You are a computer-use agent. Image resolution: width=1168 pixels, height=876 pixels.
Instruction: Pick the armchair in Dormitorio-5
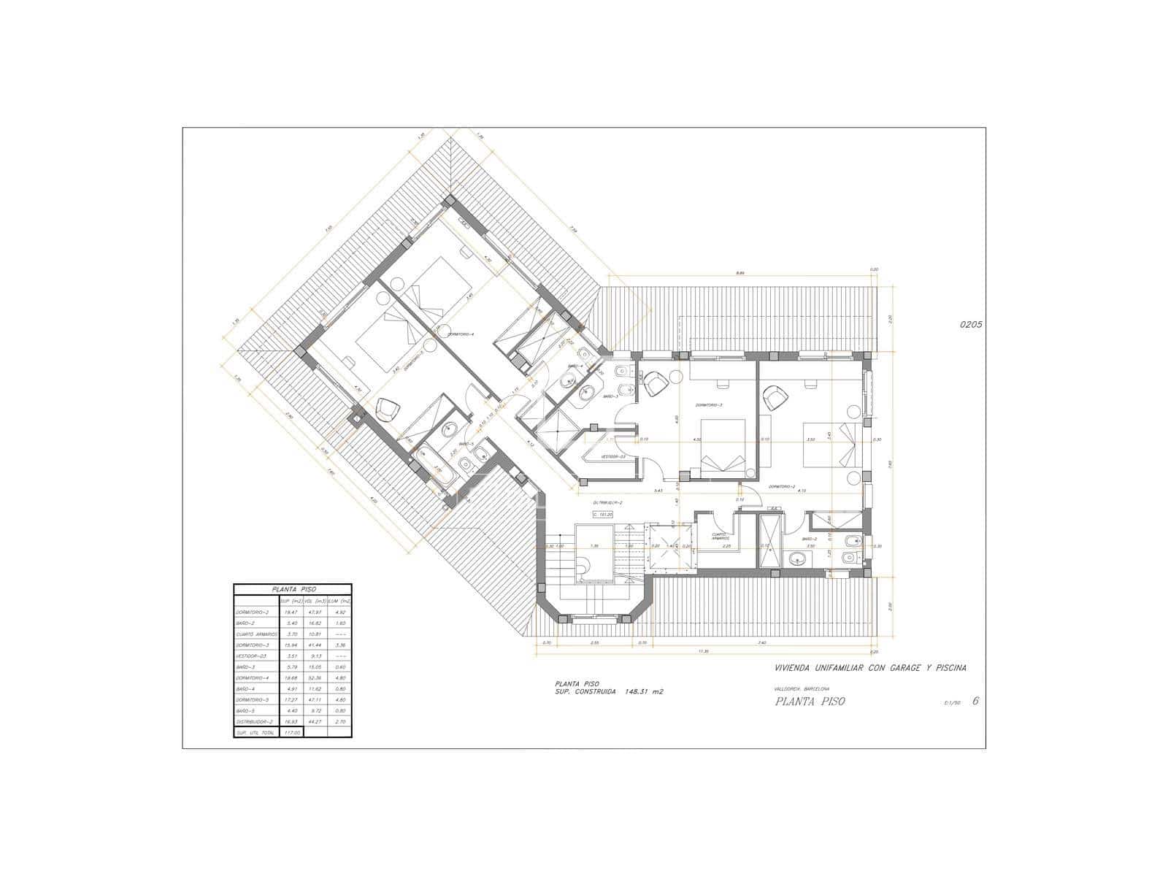tap(386, 409)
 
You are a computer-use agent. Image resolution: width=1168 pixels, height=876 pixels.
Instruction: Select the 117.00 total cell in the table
tap(291, 732)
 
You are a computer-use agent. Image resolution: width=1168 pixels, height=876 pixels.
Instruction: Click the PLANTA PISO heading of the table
tap(293, 588)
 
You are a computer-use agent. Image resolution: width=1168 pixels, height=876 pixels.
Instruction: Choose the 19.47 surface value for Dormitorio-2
tap(291, 612)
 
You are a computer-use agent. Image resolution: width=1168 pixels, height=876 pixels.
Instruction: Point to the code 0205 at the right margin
tap(972, 326)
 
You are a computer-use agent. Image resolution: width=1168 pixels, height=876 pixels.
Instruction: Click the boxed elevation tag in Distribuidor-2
tap(604, 514)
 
